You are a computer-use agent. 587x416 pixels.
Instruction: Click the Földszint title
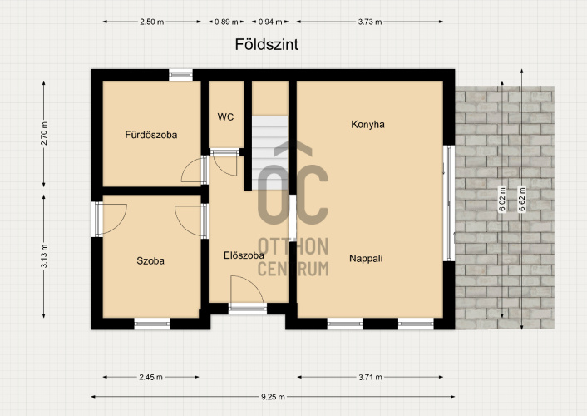[x=267, y=44]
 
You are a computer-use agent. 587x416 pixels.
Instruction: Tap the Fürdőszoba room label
[x=150, y=135]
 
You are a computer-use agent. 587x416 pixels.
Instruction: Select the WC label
[x=225, y=117]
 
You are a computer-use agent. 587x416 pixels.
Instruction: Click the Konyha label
[x=367, y=125]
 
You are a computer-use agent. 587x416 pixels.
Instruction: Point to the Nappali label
[x=366, y=258]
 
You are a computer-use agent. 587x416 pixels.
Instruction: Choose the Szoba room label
[x=150, y=261]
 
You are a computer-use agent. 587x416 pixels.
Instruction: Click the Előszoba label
[x=244, y=255]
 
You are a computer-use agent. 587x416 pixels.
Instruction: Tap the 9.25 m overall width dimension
[x=273, y=397]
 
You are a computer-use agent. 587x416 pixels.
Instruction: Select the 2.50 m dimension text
[x=151, y=22]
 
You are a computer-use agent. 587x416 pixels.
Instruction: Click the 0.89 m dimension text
[x=226, y=22]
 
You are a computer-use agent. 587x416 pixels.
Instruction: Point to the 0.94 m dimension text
[x=270, y=22]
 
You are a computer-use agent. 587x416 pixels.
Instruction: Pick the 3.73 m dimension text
[x=370, y=22]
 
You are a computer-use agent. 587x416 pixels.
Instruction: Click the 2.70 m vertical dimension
[x=44, y=133]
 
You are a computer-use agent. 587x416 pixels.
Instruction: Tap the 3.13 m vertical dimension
[x=44, y=256]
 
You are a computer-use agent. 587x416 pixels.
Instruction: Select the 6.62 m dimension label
[x=522, y=199]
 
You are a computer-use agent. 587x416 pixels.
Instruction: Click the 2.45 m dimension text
[x=150, y=377]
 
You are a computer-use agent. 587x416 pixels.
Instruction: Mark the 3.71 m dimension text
[x=370, y=377]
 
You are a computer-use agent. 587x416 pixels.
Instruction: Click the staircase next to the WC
[x=269, y=152]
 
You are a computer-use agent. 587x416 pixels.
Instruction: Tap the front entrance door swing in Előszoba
[x=247, y=290]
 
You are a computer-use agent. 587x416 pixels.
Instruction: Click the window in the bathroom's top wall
[x=180, y=75]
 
